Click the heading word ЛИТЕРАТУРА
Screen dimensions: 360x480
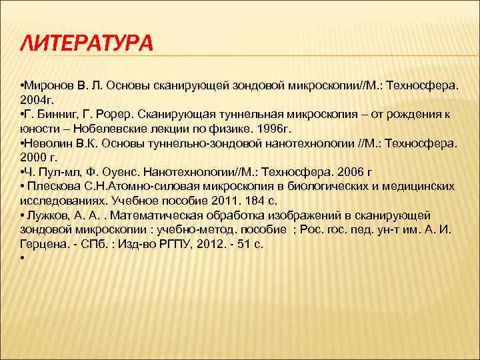(x=87, y=43)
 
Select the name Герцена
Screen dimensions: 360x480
(x=43, y=243)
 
